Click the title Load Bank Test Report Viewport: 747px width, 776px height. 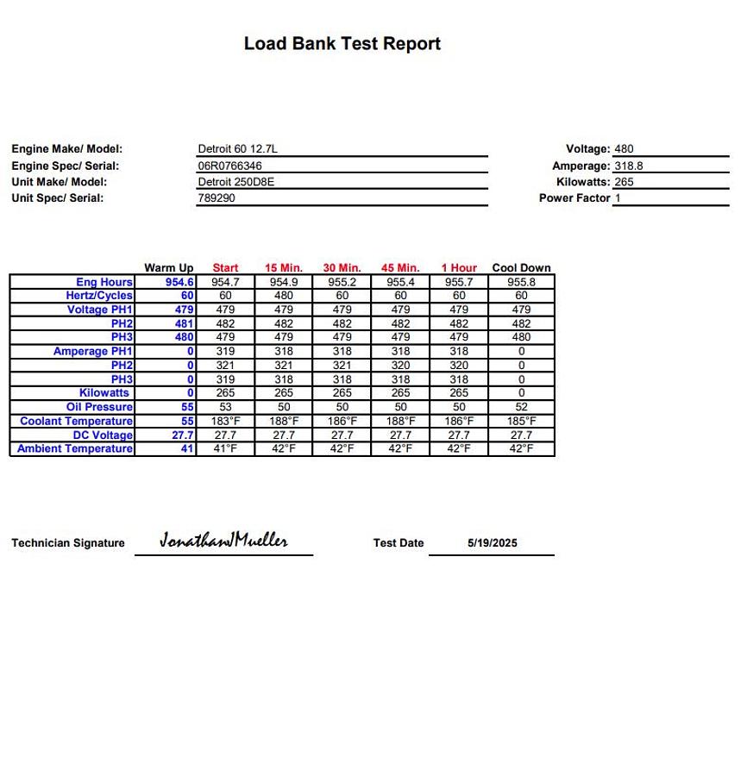(342, 44)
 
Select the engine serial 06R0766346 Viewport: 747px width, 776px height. (229, 166)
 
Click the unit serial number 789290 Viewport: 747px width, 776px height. (217, 198)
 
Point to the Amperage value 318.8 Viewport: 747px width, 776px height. (628, 166)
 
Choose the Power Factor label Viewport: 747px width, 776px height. (574, 198)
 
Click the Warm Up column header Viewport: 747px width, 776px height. (168, 268)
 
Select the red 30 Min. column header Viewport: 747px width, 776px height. (342, 268)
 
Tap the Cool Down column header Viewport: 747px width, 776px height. (521, 268)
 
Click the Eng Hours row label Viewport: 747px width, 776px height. (104, 282)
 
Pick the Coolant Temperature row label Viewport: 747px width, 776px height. (76, 422)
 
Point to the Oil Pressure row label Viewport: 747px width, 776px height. (99, 407)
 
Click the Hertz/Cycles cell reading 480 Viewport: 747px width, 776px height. (284, 296)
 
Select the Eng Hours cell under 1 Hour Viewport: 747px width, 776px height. (459, 282)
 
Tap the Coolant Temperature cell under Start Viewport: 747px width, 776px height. (225, 422)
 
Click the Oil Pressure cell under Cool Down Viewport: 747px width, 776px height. (521, 407)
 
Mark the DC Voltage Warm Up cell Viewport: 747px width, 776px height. (182, 435)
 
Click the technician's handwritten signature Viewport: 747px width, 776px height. (223, 541)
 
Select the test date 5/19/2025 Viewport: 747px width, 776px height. (493, 543)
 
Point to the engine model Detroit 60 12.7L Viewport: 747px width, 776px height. (237, 149)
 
